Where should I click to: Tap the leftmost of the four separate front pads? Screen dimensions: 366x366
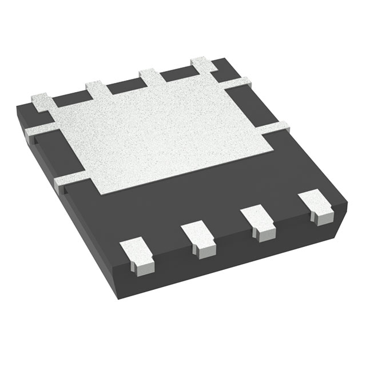pyautogui.click(x=137, y=254)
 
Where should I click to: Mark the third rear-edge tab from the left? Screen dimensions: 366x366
pyautogui.click(x=150, y=77)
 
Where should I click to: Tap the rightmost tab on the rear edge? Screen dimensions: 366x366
pyautogui.click(x=201, y=64)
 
